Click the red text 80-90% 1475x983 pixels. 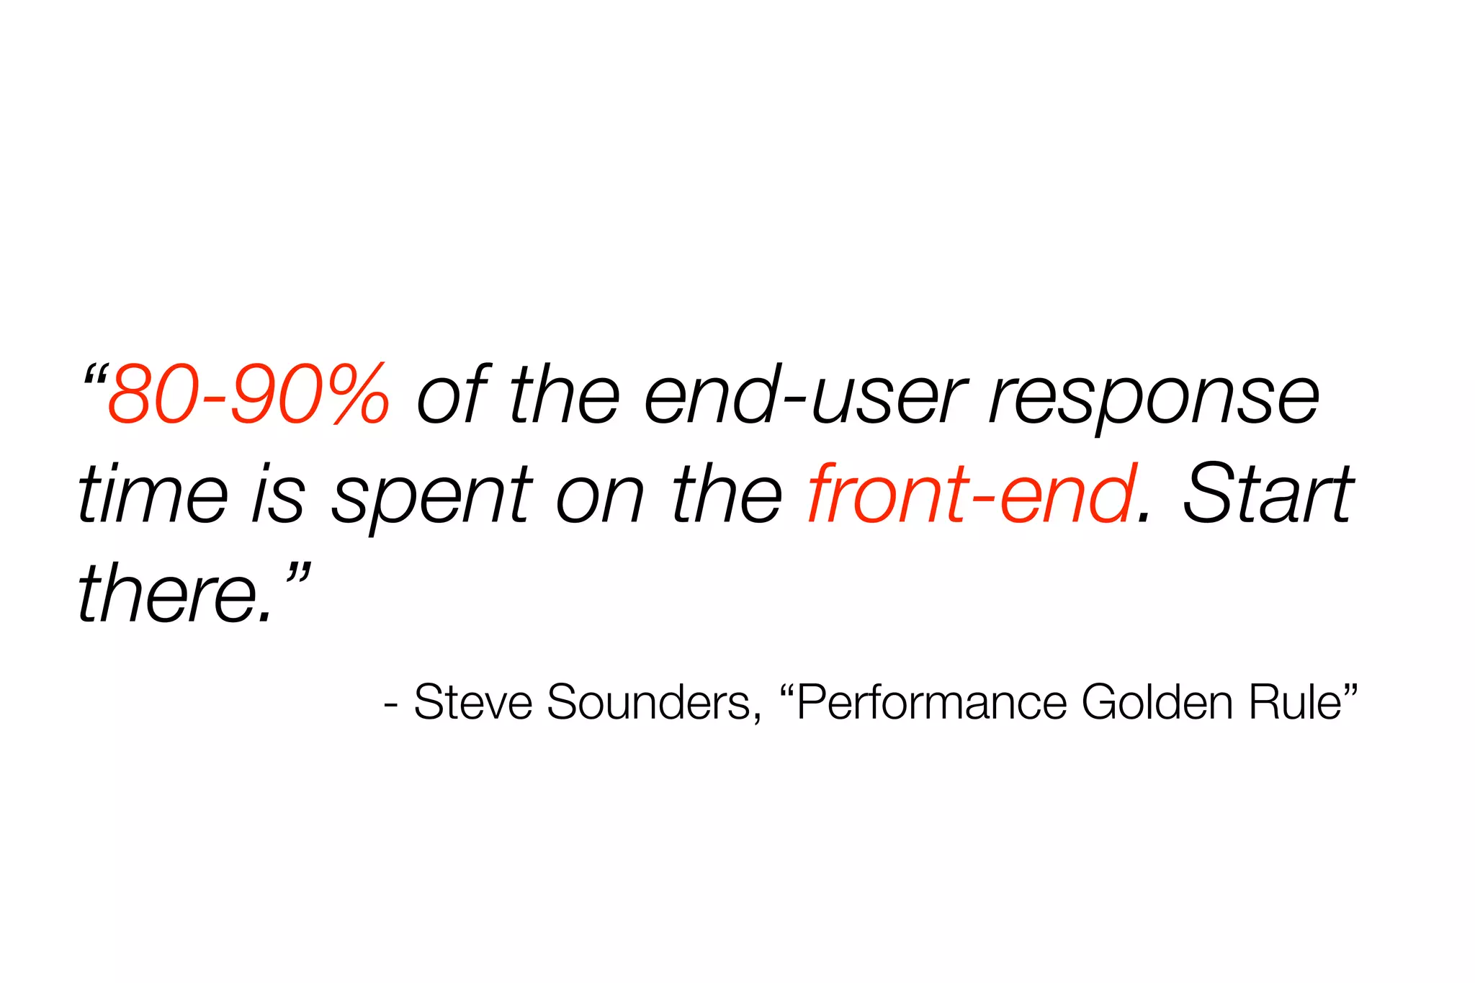249,395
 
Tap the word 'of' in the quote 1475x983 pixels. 452,395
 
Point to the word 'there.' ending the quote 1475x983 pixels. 176,595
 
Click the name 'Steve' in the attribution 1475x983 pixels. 473,701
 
